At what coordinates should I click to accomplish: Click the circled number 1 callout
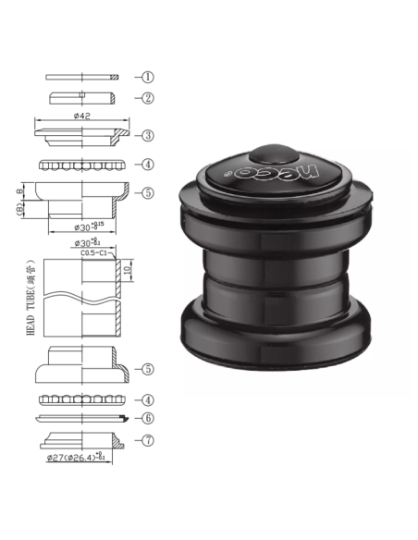click(x=148, y=77)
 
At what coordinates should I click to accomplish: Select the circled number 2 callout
click(x=148, y=97)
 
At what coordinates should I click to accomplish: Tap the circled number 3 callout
click(x=148, y=135)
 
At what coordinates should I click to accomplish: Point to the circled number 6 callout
click(x=148, y=418)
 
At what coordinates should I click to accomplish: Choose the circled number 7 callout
click(x=148, y=440)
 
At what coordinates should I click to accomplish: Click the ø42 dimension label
click(x=81, y=117)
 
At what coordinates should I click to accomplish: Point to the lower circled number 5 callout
click(x=148, y=368)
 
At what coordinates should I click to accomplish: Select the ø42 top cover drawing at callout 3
click(x=81, y=135)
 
